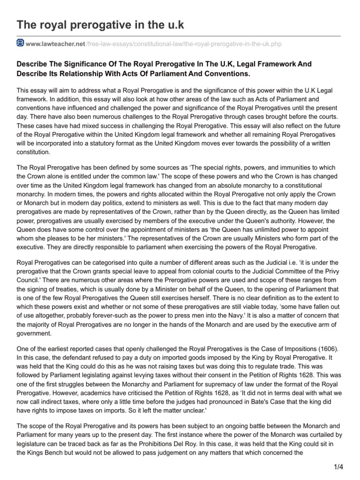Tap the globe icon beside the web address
tap(20, 44)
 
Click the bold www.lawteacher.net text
tap(55, 44)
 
